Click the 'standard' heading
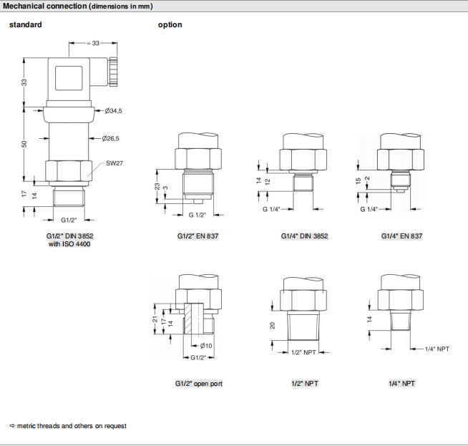(25, 25)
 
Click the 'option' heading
(170, 25)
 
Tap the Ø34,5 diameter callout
(114, 111)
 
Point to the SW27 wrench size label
(114, 163)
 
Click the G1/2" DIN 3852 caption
(69, 236)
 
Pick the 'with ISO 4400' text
(69, 244)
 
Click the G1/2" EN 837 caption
(200, 236)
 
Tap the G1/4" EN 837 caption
(402, 236)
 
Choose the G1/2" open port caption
(199, 384)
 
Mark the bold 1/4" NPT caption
(402, 384)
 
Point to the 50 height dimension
(24, 145)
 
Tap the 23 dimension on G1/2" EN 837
(157, 185)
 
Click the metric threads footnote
(68, 426)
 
